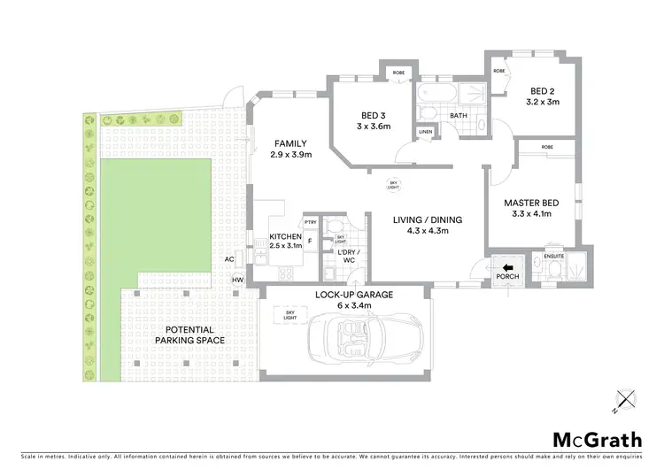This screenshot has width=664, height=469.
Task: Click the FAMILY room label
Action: tap(290, 143)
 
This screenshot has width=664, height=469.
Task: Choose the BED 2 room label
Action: tap(544, 91)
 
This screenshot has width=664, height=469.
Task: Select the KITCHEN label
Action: tap(286, 237)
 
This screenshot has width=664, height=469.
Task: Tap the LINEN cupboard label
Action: tap(426, 133)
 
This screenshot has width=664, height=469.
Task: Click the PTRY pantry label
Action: tap(310, 222)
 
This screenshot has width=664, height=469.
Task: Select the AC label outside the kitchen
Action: tap(229, 259)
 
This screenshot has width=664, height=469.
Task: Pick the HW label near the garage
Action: tap(236, 281)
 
